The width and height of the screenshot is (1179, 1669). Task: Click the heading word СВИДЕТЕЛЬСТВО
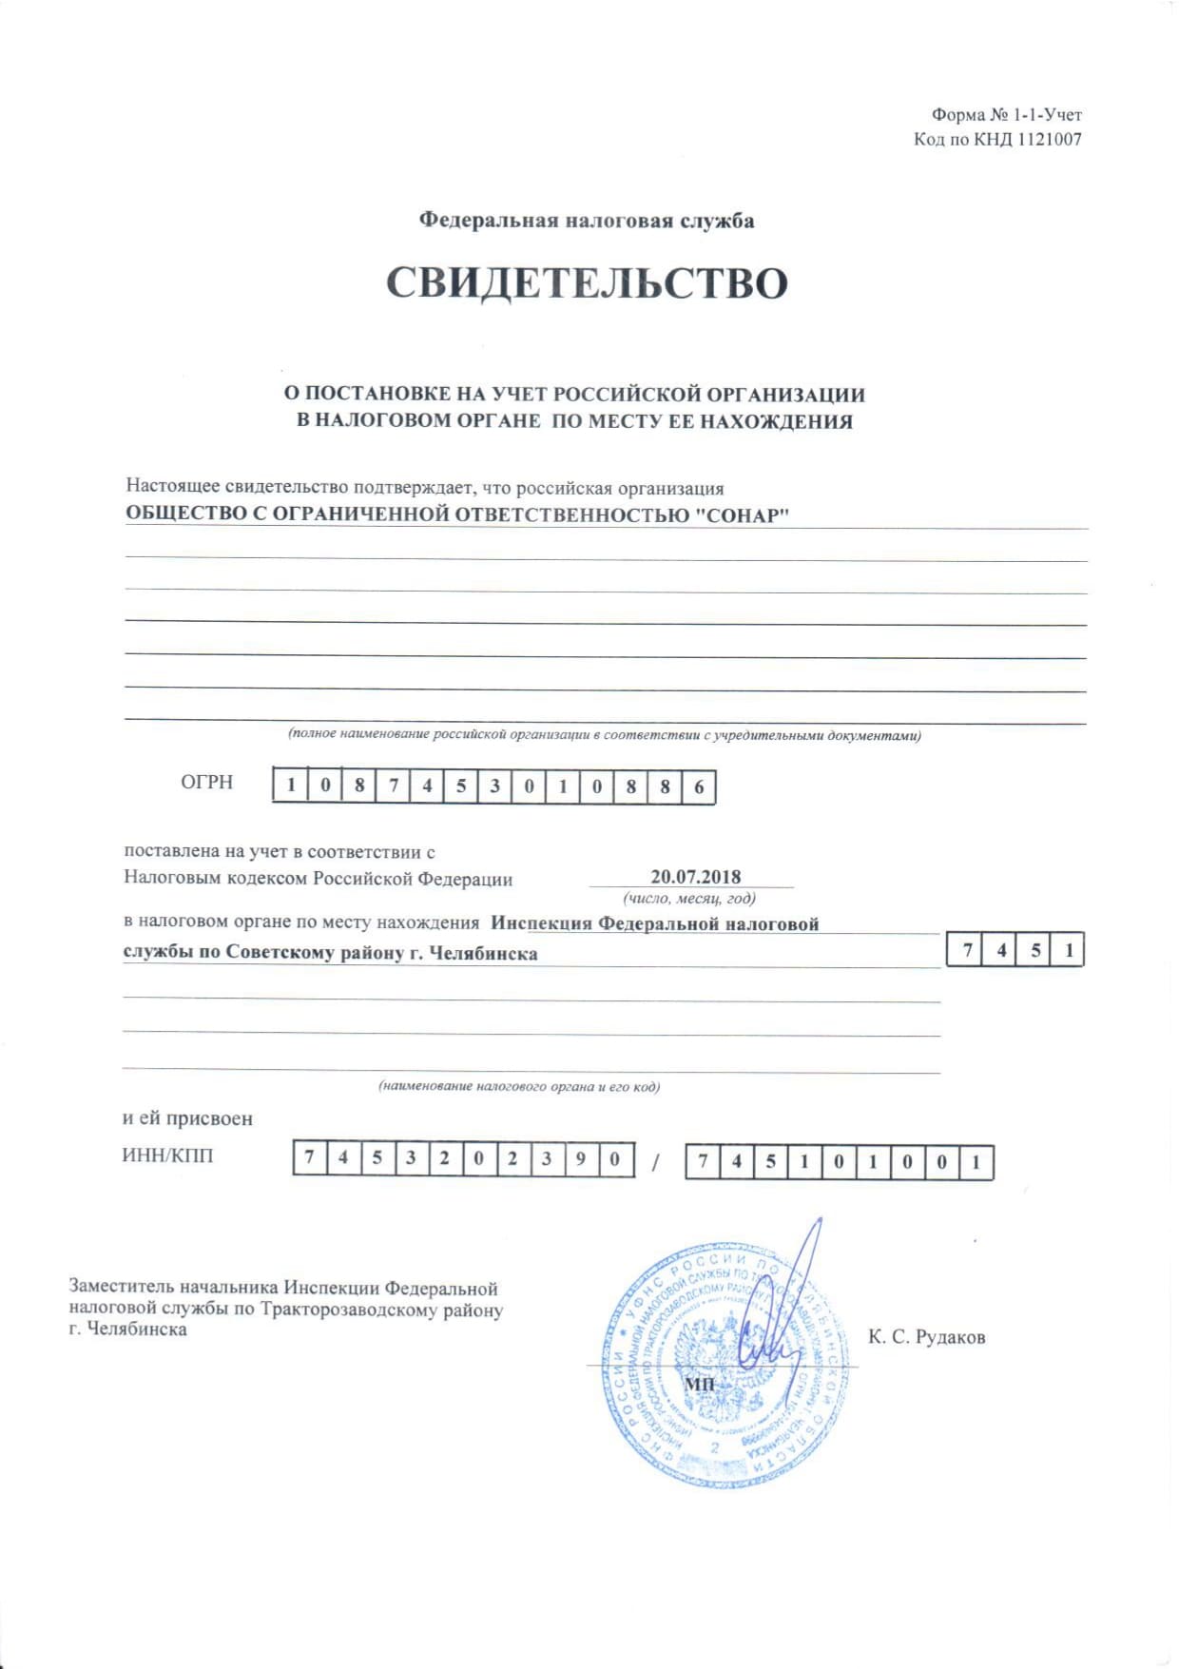[587, 283]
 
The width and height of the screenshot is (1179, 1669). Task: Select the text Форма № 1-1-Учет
[1006, 115]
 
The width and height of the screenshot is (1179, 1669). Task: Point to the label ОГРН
[206, 783]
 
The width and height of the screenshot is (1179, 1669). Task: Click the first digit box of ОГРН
[291, 786]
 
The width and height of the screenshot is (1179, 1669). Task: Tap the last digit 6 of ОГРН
[699, 787]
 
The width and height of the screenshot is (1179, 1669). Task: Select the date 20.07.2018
[695, 877]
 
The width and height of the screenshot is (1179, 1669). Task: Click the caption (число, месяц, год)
[689, 899]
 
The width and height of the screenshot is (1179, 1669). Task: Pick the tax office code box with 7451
[1015, 950]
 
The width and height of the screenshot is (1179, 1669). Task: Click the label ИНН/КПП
[167, 1156]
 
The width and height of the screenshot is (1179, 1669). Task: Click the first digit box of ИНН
[309, 1158]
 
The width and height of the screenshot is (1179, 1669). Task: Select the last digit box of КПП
[976, 1163]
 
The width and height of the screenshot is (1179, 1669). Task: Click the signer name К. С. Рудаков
[926, 1337]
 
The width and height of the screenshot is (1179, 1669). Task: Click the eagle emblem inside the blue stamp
[715, 1369]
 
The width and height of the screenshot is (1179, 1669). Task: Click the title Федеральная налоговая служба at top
[587, 221]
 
